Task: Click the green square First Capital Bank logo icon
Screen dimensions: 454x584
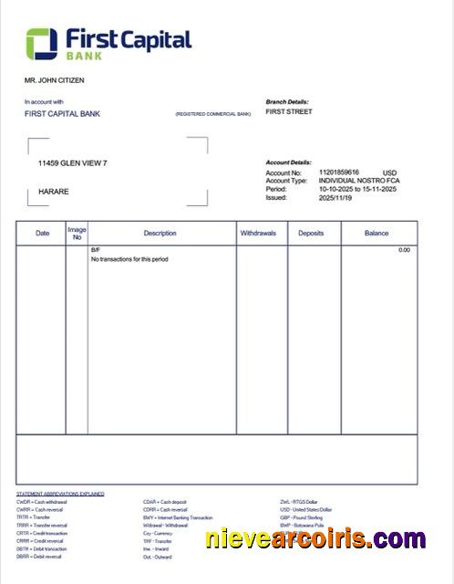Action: [42, 43]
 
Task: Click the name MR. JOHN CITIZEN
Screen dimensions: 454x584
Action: [54, 80]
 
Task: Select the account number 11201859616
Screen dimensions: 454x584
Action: [339, 172]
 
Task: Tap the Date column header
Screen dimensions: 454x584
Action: [42, 234]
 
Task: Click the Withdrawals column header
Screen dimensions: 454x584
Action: [258, 234]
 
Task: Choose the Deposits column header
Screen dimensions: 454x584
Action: [311, 234]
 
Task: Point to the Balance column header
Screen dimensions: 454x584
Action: [377, 234]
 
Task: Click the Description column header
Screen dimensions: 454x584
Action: [160, 234]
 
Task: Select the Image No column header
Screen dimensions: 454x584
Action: [77, 234]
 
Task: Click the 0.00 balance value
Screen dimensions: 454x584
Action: [404, 249]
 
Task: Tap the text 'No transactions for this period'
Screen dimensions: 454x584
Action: [129, 259]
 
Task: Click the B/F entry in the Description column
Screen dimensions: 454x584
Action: [95, 249]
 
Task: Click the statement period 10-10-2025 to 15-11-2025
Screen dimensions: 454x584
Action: [357, 189]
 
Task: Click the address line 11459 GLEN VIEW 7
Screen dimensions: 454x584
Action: [73, 162]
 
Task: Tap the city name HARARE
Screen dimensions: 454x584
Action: [54, 192]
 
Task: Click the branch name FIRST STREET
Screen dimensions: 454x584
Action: [288, 111]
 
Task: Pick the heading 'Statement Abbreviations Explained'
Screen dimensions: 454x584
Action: [60, 494]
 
